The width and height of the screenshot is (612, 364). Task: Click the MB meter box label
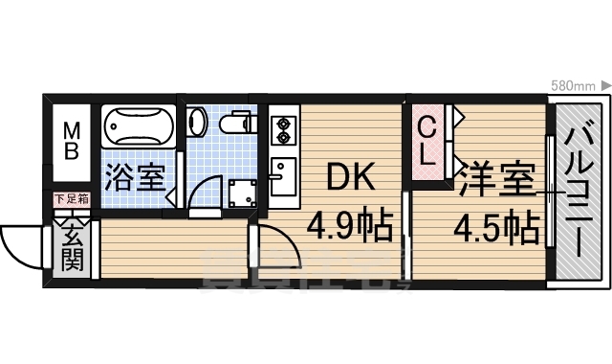pyautogui.click(x=73, y=142)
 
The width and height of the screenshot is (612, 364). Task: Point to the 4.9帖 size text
pyautogui.click(x=350, y=228)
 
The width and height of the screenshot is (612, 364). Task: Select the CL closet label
pyautogui.click(x=428, y=141)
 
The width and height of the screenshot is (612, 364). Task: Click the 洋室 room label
pyautogui.click(x=495, y=180)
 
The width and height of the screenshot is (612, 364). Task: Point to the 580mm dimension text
pyautogui.click(x=574, y=86)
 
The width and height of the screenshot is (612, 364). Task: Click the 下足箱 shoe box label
pyautogui.click(x=72, y=199)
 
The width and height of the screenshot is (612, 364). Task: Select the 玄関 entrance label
pyautogui.click(x=73, y=244)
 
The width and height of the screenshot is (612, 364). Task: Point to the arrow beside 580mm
pyautogui.click(x=605, y=86)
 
